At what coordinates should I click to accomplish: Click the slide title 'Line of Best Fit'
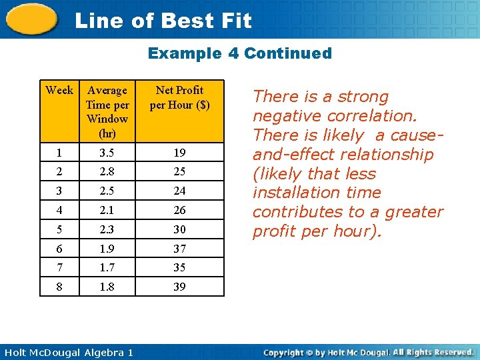(163, 21)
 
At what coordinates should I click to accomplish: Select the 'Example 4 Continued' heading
(239, 53)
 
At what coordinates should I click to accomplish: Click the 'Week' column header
(59, 90)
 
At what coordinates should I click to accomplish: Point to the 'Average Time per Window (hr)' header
(107, 111)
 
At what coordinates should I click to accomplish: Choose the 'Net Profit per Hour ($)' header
(179, 97)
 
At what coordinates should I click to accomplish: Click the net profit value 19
(179, 153)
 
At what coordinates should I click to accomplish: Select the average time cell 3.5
(107, 153)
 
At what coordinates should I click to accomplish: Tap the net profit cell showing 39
(179, 287)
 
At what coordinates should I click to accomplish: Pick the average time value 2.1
(107, 210)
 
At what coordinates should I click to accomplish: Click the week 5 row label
(59, 229)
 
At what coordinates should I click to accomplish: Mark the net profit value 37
(179, 249)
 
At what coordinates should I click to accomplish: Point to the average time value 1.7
(107, 267)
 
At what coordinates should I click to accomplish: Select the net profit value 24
(179, 191)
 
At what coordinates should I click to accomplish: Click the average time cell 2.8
(107, 171)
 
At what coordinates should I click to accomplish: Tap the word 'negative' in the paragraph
(285, 116)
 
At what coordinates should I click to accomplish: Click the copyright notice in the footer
(368, 352)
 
